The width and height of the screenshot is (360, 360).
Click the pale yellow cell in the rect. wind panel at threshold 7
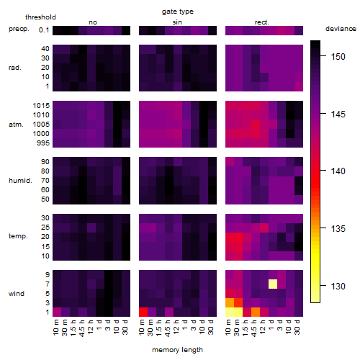(x=273, y=284)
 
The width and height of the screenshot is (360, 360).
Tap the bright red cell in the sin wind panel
(x=143, y=312)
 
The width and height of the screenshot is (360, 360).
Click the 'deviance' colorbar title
(x=341, y=29)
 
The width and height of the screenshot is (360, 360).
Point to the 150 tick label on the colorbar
(x=338, y=57)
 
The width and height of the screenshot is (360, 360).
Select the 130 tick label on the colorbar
(x=338, y=286)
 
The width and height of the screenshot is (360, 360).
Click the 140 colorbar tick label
(x=338, y=171)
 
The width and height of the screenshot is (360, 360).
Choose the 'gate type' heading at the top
(x=178, y=12)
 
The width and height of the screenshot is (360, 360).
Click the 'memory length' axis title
(x=177, y=350)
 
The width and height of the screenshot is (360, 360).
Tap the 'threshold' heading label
(x=40, y=17)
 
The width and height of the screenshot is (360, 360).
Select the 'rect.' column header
(x=261, y=22)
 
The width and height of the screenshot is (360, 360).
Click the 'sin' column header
(x=177, y=22)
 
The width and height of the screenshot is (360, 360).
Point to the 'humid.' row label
(x=20, y=181)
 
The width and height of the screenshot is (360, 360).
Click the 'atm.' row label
(x=16, y=125)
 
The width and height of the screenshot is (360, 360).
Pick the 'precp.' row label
(x=19, y=29)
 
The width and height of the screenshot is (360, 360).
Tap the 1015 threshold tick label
(x=41, y=105)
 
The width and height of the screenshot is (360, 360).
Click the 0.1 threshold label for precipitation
(x=44, y=30)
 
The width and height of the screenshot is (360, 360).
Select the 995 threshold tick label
(x=43, y=143)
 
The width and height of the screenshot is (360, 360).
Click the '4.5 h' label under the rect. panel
(x=254, y=328)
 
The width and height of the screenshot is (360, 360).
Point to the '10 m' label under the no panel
(x=55, y=328)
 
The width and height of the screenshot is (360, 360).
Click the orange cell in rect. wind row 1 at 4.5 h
(x=256, y=312)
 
